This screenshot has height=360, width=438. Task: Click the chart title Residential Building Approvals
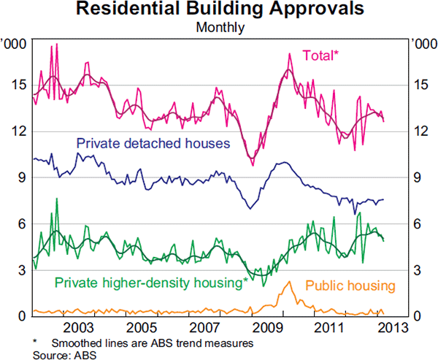220,9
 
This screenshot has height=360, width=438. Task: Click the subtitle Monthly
220,28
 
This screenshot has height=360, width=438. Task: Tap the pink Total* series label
321,55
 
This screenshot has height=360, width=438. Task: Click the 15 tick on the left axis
20,84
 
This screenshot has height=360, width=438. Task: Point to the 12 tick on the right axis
418,131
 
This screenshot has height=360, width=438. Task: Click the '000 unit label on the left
15,45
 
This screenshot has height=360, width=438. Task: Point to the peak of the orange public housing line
289,282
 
